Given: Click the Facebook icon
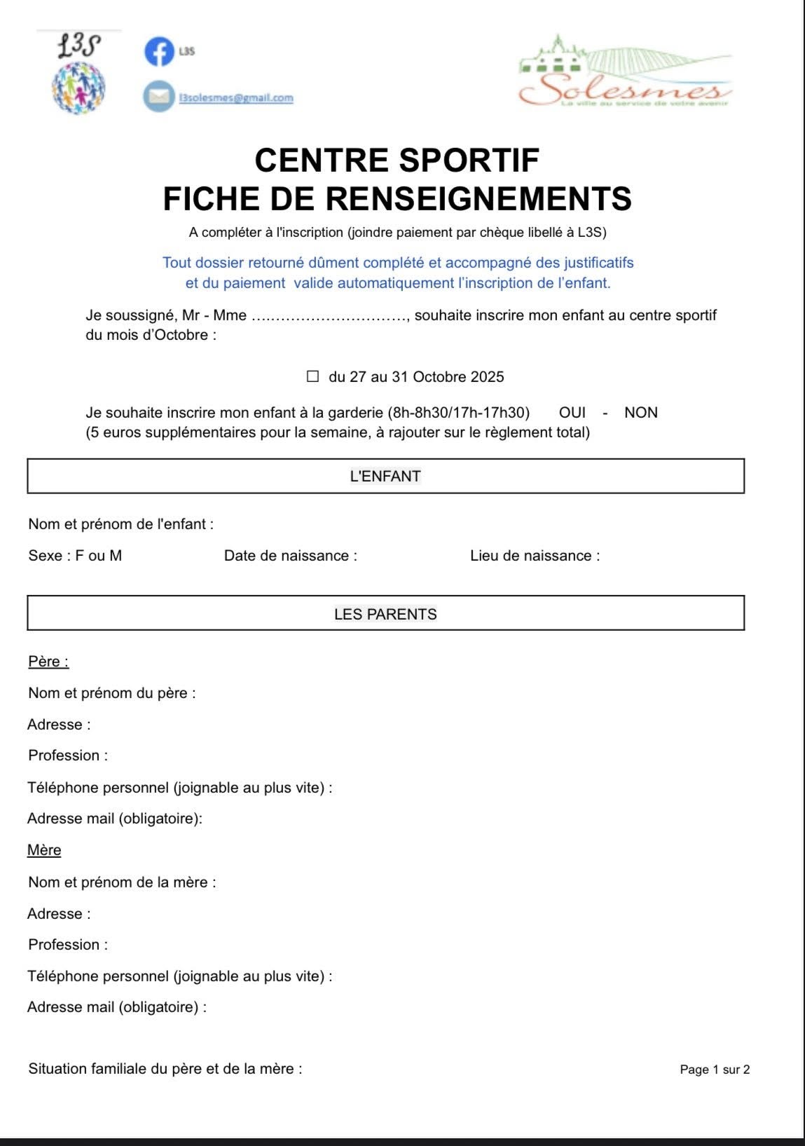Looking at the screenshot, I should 159,52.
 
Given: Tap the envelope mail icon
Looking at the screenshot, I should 159,97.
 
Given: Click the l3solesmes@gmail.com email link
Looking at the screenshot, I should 236,98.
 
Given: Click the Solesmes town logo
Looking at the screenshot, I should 625,73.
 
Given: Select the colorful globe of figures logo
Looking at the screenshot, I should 78,87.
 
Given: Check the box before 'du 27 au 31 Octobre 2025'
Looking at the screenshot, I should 312,376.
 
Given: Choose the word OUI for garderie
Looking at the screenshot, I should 572,412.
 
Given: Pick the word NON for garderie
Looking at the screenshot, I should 640,412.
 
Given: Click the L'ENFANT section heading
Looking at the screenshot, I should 385,476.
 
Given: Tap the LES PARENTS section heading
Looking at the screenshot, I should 385,614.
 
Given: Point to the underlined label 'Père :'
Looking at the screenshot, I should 48,662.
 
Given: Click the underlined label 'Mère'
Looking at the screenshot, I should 44,850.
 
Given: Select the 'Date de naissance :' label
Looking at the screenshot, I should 290,556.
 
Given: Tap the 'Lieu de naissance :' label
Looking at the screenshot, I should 535,556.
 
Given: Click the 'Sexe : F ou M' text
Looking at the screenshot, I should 75,556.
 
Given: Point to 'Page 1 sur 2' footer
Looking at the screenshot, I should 715,1070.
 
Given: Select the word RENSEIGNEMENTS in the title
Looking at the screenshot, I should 479,198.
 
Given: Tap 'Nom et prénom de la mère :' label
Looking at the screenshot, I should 122,882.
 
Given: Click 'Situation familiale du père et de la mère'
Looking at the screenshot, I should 165,1069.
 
